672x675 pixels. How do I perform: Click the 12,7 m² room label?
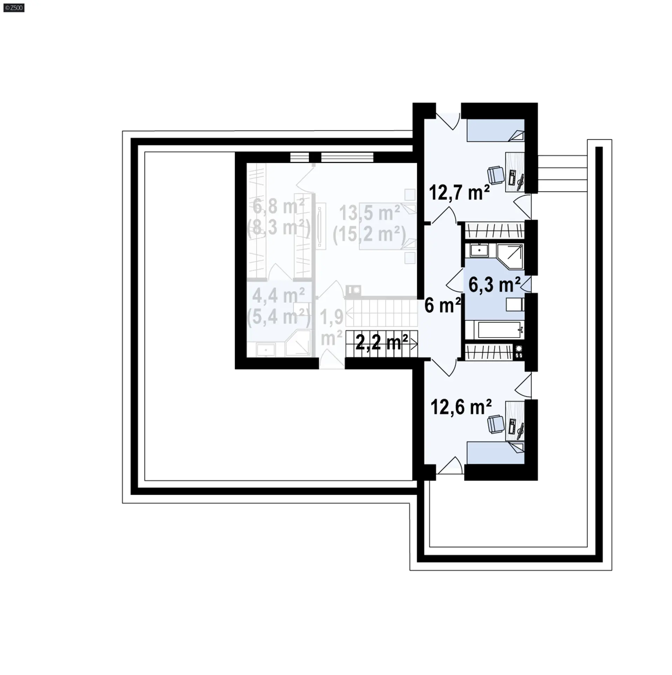point(459,193)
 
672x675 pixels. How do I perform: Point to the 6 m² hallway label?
point(442,306)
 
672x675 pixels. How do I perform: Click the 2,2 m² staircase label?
point(381,342)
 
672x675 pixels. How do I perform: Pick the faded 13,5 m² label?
point(370,213)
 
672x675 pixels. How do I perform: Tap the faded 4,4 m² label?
point(279,296)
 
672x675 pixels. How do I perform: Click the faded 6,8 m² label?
point(279,207)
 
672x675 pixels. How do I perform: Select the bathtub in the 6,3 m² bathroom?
point(495,329)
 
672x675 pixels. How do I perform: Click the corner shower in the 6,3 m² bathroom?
point(510,256)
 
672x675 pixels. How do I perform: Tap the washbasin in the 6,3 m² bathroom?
point(479,251)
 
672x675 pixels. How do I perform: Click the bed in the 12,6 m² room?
point(495,452)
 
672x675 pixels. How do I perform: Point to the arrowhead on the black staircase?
point(414,345)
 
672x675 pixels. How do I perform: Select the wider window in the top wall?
point(347,157)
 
